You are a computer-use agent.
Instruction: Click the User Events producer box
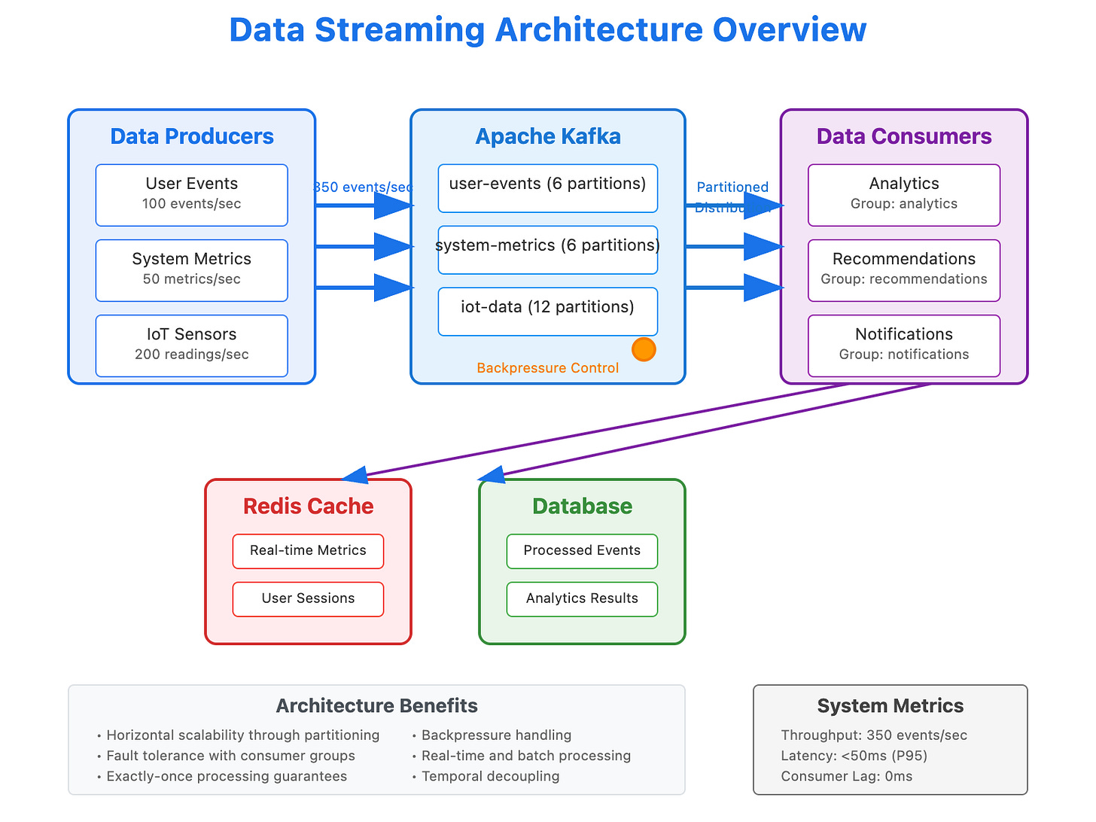(x=191, y=195)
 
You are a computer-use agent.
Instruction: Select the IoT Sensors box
(x=191, y=346)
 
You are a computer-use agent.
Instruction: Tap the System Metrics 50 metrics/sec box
(x=191, y=270)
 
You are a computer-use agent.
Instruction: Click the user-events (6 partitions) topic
(x=547, y=188)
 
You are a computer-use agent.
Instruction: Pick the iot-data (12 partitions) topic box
(x=547, y=311)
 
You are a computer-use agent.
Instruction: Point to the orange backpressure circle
(x=644, y=349)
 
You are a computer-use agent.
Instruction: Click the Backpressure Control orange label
(x=547, y=368)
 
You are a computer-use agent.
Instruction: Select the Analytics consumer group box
(x=903, y=195)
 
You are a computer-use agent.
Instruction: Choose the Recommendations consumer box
(x=903, y=270)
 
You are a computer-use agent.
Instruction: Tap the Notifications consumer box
(x=903, y=346)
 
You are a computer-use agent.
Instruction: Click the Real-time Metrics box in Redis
(x=308, y=551)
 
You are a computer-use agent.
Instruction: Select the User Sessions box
(x=308, y=599)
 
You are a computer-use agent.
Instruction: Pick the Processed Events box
(x=582, y=551)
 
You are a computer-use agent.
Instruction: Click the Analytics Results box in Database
(x=582, y=599)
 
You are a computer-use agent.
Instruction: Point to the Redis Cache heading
(x=308, y=507)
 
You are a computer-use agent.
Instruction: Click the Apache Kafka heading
(x=547, y=136)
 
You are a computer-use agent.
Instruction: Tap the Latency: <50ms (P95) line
(x=854, y=756)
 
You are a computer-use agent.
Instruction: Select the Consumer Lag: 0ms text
(x=846, y=777)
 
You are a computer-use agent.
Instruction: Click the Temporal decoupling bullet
(x=490, y=777)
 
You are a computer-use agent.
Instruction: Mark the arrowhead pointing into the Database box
(x=492, y=474)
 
